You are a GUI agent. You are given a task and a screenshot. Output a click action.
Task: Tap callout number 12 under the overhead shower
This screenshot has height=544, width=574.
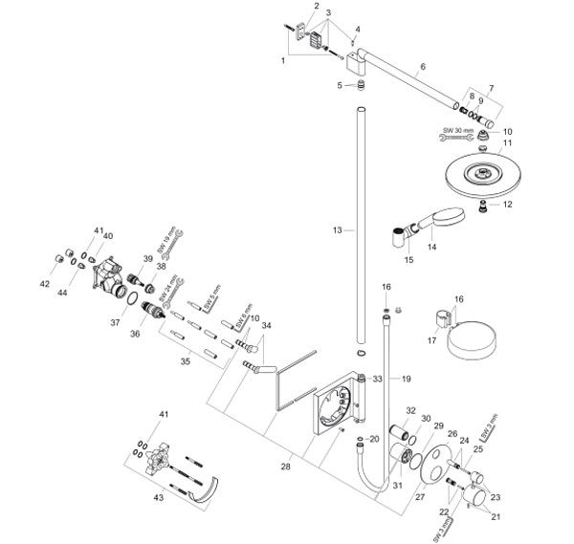click(508, 204)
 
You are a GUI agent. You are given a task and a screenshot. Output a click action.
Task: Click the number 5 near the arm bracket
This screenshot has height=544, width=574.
click(340, 86)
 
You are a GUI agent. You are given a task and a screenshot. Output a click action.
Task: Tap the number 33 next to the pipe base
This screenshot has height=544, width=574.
click(377, 380)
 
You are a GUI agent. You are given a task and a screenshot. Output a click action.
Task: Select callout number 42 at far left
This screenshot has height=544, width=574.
click(44, 284)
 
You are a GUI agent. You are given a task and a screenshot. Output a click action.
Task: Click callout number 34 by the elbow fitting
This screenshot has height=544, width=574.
click(266, 326)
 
